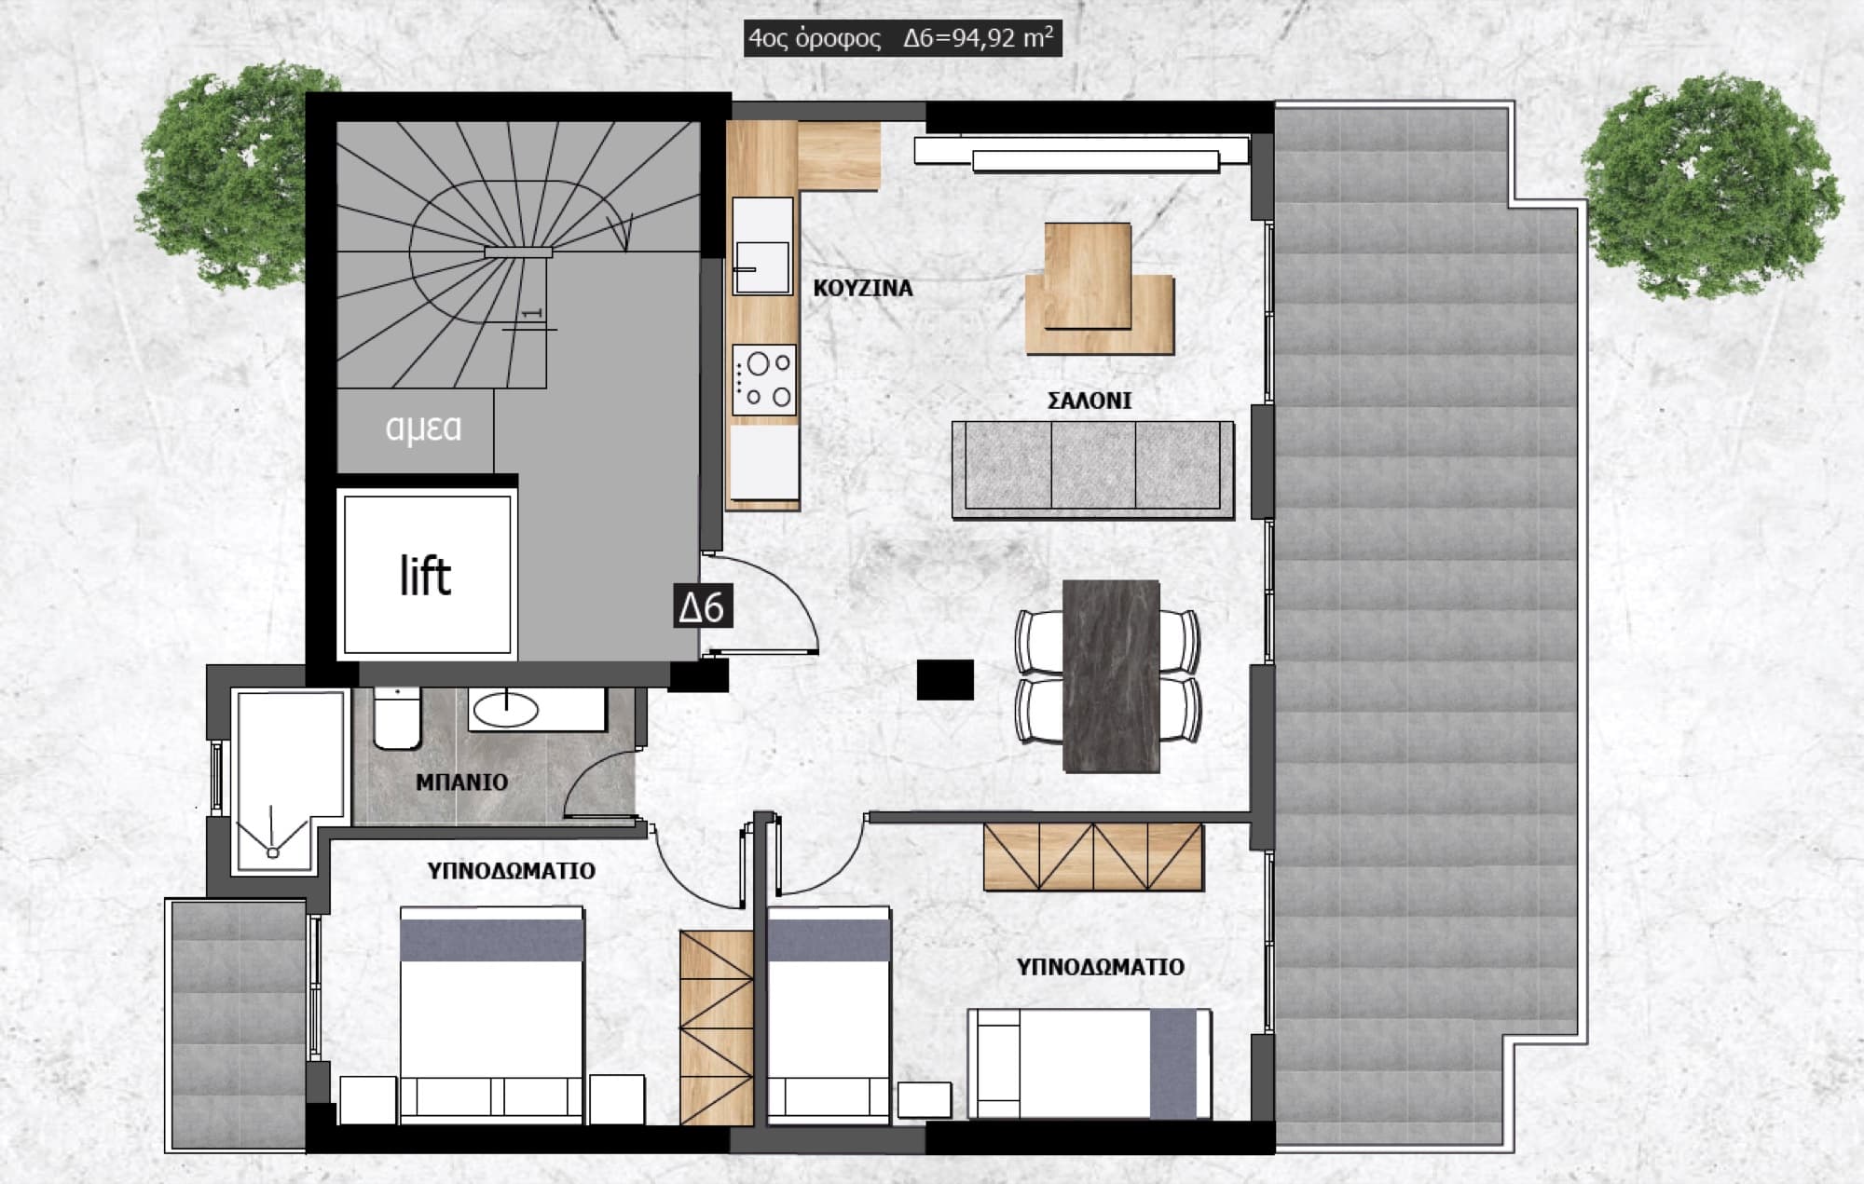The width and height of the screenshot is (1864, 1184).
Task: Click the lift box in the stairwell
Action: pos(428,574)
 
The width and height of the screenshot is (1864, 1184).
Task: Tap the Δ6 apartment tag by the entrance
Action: pos(702,607)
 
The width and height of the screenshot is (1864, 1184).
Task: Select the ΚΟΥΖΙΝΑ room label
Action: pos(863,288)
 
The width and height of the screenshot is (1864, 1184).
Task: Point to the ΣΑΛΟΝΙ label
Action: pos(1090,401)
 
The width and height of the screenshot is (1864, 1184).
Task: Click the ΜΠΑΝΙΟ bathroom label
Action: pos(462,782)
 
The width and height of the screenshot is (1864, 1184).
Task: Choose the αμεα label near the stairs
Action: pos(423,428)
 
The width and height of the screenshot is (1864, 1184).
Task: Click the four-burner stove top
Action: pos(764,380)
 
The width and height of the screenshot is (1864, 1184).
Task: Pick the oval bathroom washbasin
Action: pos(506,711)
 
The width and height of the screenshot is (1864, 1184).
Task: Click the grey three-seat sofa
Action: pos(1093,469)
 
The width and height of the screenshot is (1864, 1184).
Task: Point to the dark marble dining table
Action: pos(1111,676)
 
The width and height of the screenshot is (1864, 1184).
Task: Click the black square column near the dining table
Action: pos(945,680)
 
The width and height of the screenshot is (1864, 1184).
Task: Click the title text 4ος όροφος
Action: pos(815,39)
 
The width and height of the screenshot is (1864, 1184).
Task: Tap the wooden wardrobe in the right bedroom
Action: pos(1093,856)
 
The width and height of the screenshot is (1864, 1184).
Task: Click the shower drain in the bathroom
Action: pos(273,851)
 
